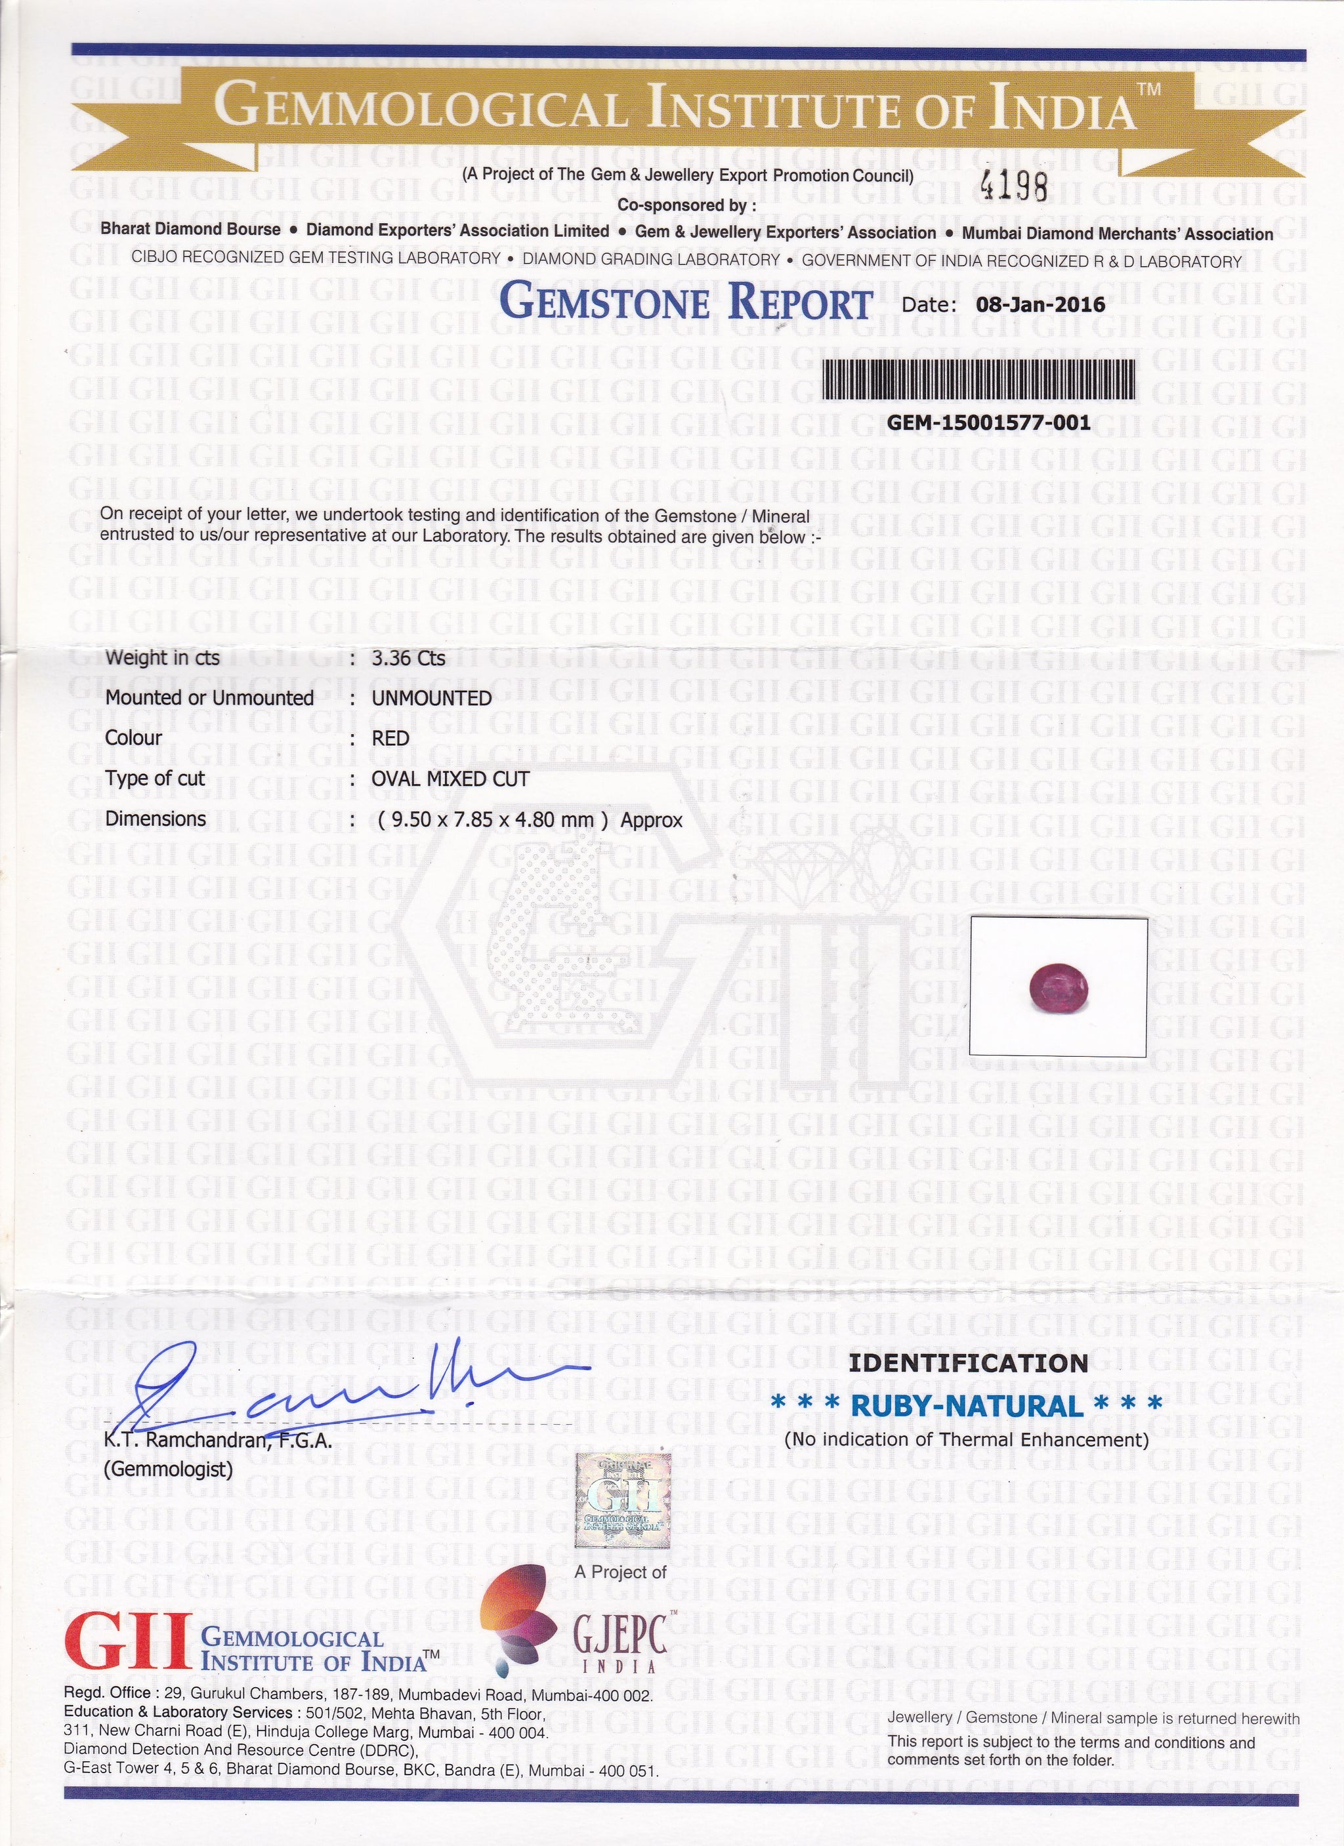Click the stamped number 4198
[x=1015, y=187]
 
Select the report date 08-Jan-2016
[x=1039, y=304]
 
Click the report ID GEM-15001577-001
[x=988, y=423]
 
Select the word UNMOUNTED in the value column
[x=431, y=699]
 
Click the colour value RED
[x=390, y=738]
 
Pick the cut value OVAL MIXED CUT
[x=450, y=779]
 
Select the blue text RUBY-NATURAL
[x=966, y=1405]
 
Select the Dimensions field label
[x=156, y=819]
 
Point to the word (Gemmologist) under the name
[x=169, y=1469]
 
